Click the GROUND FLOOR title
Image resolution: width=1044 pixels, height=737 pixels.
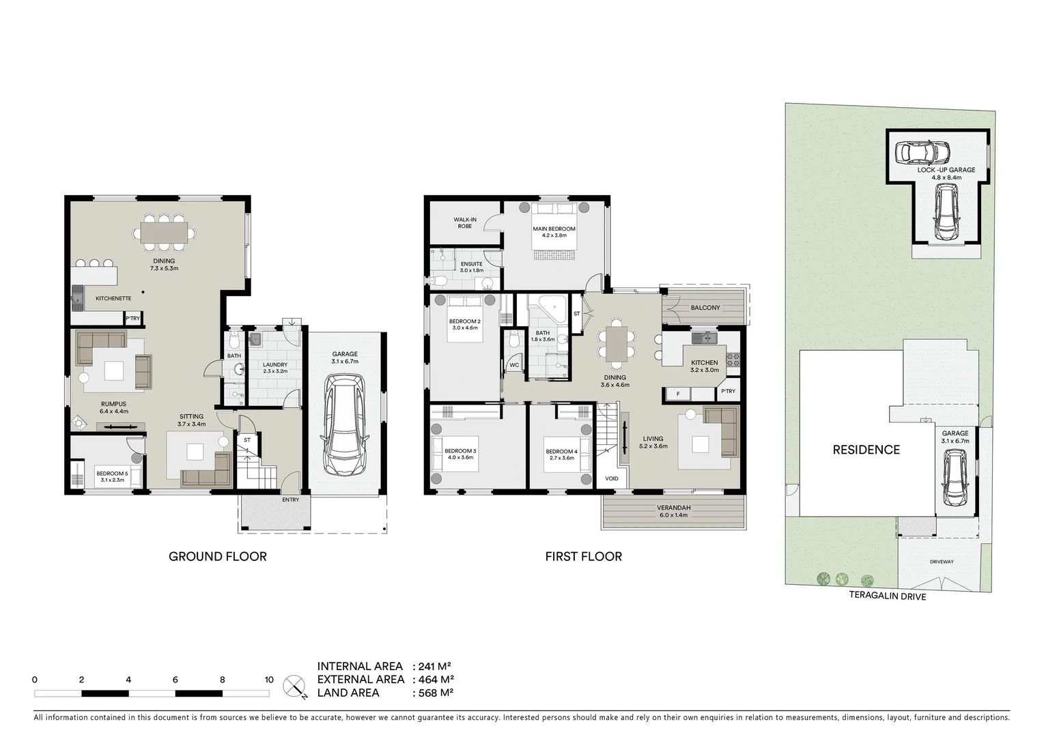tap(217, 556)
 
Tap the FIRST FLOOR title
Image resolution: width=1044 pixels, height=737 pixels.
tap(583, 556)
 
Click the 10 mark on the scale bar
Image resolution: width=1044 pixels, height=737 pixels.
tap(269, 680)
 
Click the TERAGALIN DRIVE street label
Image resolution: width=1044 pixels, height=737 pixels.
tap(887, 596)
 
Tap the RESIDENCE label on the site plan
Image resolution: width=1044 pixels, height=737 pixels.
tap(866, 450)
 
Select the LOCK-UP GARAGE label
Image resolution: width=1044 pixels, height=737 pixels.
tap(946, 170)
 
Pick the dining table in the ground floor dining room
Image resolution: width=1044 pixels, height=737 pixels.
tap(164, 231)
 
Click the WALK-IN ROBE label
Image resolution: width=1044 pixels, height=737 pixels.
tap(465, 222)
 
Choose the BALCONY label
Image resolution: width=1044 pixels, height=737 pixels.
tap(705, 308)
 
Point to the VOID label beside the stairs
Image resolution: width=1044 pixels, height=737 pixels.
tap(611, 478)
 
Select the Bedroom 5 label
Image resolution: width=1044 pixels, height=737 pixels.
tap(112, 473)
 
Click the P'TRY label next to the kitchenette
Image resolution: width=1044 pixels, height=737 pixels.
tap(132, 319)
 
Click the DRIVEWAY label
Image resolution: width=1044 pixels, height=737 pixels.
tap(941, 562)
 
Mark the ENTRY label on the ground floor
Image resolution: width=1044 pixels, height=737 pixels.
tap(290, 500)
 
